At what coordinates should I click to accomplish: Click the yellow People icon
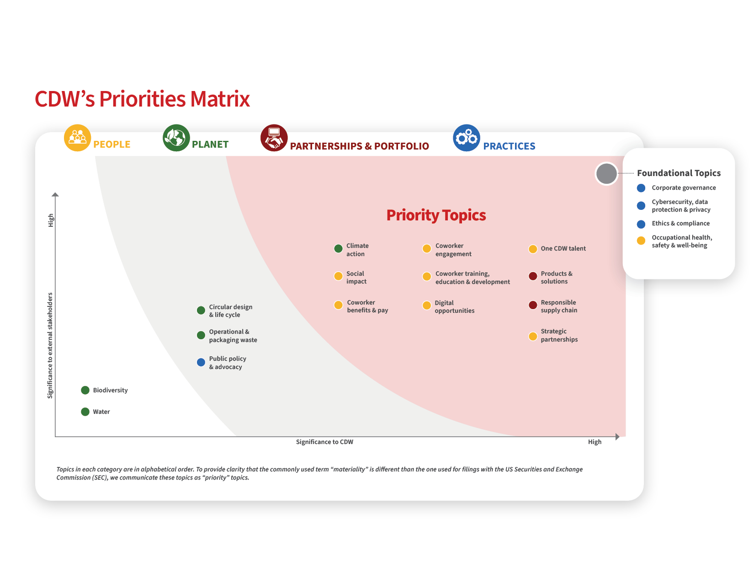click(x=77, y=138)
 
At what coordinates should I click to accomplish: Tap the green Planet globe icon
click(x=176, y=138)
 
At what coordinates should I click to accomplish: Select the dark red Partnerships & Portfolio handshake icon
click(x=274, y=138)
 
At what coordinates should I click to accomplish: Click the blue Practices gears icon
click(x=467, y=138)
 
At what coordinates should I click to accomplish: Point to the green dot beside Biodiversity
click(x=85, y=390)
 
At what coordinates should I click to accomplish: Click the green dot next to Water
click(x=85, y=412)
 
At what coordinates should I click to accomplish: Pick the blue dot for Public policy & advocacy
click(x=201, y=362)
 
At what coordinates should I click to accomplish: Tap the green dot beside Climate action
click(x=338, y=249)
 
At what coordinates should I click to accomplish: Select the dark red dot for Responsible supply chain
click(x=533, y=305)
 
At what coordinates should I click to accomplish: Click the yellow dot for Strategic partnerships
click(x=533, y=336)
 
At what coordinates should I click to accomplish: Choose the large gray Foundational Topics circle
click(x=606, y=174)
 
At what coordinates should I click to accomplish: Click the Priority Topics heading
click(x=436, y=215)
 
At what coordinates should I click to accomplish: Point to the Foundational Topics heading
click(x=679, y=173)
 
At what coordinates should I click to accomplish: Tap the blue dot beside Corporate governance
click(x=641, y=188)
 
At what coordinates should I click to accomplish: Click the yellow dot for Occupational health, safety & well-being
click(x=641, y=241)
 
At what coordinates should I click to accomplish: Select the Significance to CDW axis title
click(x=324, y=442)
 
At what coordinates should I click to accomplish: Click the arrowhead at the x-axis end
click(x=617, y=437)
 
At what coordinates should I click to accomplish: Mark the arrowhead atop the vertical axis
click(x=55, y=194)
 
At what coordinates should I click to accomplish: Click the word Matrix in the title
click(x=220, y=99)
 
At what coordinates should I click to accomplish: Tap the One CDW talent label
click(x=563, y=249)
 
